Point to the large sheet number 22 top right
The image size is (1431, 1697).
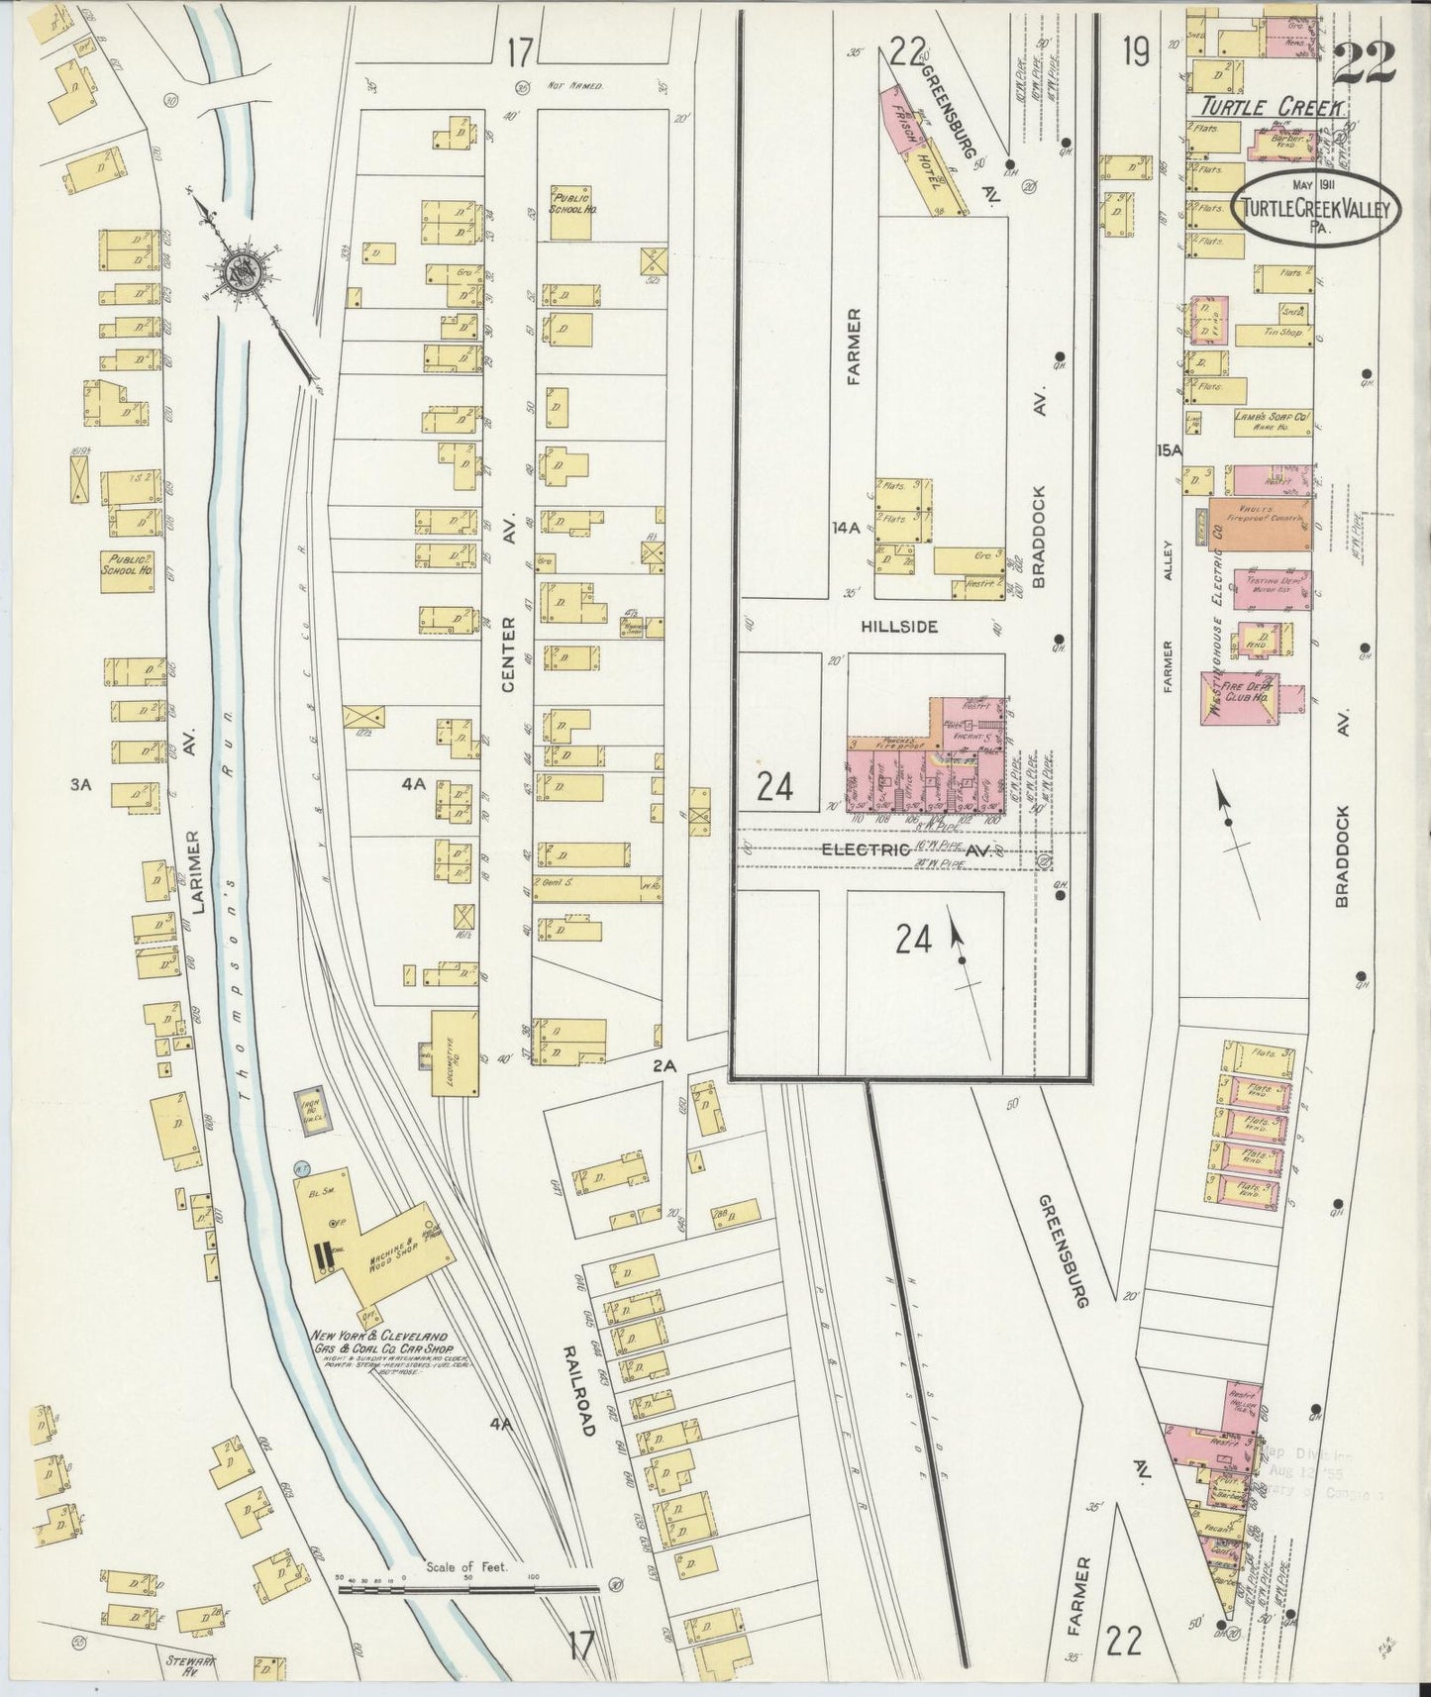coord(1364,65)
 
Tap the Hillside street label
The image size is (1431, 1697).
coord(898,627)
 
